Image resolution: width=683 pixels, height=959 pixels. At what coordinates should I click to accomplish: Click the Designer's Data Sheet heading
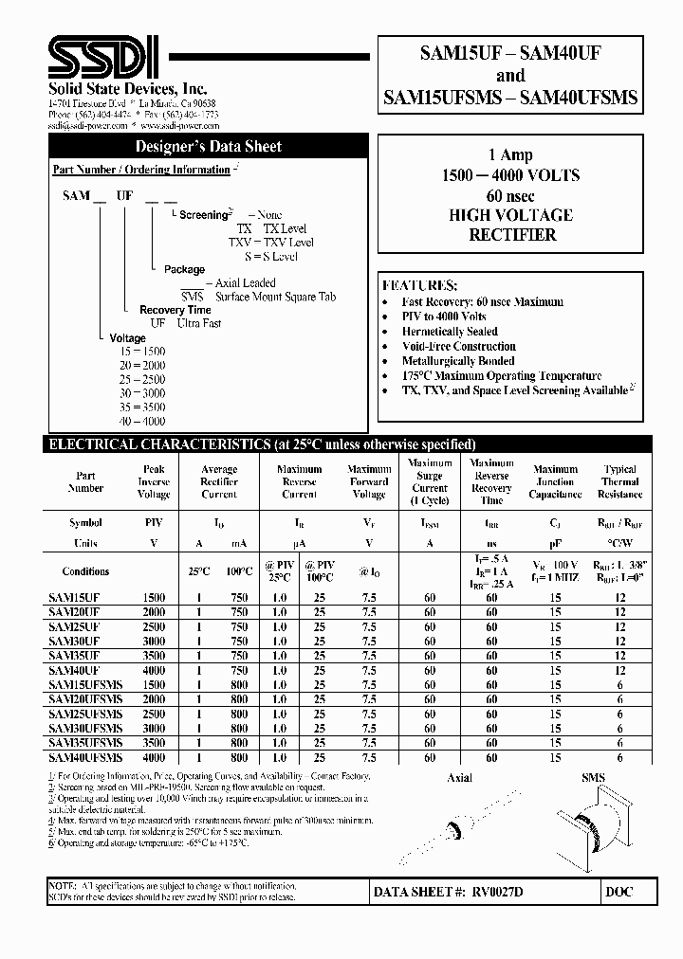tap(208, 147)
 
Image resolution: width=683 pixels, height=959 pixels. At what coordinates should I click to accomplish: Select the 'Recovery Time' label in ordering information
tap(175, 310)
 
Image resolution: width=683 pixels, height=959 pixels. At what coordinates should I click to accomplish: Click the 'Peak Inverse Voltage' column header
tap(154, 481)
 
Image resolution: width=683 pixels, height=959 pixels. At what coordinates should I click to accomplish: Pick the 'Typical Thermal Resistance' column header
tap(619, 481)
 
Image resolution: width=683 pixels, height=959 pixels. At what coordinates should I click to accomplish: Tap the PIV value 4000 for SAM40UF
tap(154, 670)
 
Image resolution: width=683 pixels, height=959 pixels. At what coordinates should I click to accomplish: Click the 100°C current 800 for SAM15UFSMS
tap(238, 684)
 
